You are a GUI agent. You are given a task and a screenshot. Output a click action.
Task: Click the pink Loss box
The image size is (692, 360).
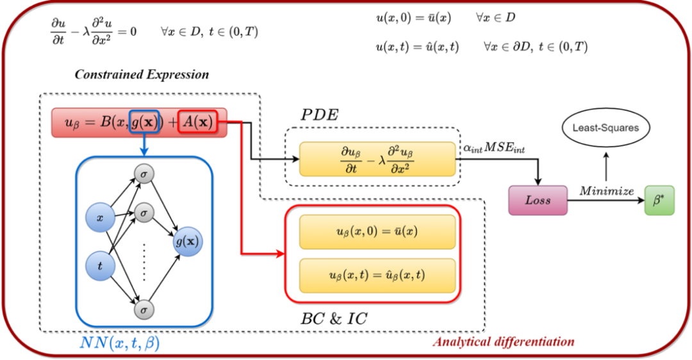point(538,200)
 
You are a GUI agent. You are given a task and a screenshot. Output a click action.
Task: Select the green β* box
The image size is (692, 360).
point(659,200)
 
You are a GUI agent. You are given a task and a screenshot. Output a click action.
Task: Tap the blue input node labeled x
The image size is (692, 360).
point(100,218)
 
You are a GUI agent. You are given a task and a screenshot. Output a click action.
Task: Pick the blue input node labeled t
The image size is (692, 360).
point(100,265)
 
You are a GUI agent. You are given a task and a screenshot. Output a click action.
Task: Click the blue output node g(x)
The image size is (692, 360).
point(188,241)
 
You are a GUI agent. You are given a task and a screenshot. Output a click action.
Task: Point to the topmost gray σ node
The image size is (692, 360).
point(144,174)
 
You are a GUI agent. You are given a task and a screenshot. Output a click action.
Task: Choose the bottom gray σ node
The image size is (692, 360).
point(144,310)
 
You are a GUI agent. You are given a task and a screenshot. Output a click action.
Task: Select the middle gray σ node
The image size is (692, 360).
point(144,212)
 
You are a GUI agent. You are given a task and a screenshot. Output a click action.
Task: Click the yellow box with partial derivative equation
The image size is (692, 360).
point(377,160)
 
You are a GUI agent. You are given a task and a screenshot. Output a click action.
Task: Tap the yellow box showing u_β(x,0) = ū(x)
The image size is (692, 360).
point(377,231)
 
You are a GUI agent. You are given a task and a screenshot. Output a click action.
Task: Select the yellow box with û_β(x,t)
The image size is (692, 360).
point(377,275)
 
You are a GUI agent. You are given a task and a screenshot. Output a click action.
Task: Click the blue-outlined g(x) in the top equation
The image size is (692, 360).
point(144,122)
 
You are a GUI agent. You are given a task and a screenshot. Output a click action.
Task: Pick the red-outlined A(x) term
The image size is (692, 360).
point(198,122)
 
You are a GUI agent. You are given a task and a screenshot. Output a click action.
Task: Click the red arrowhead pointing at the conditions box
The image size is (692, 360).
point(280,254)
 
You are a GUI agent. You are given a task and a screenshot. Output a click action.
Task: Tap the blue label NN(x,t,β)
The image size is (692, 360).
point(120,343)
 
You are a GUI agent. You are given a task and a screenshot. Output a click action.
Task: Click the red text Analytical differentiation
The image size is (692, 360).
point(503,341)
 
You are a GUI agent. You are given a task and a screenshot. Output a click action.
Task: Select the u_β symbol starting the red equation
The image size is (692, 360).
point(66,123)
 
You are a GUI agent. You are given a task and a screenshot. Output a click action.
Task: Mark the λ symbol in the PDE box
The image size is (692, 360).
point(382,161)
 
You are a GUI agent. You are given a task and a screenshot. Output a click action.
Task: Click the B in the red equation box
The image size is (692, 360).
point(106,122)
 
